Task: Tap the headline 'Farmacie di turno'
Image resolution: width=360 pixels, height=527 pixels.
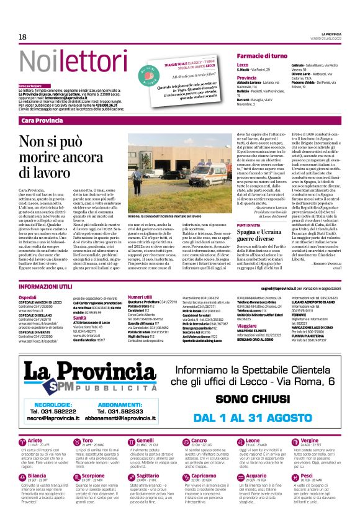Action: click(x=262, y=56)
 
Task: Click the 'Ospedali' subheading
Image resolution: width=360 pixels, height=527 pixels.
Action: click(x=27, y=298)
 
